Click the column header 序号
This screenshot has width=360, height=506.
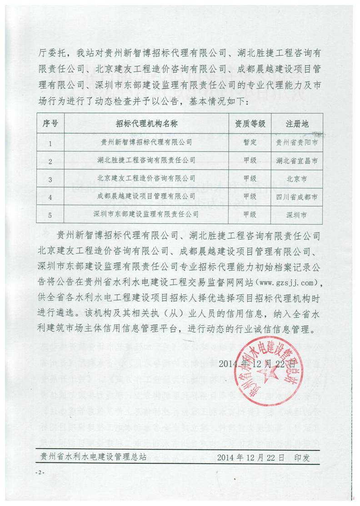[50, 123]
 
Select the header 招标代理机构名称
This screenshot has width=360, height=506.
[146, 123]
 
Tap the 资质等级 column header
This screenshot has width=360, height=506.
[250, 123]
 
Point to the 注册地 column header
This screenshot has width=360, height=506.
[297, 123]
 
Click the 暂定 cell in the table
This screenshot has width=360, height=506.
[250, 142]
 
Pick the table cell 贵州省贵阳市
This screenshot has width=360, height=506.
[297, 142]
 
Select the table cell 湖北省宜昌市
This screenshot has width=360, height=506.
[297, 160]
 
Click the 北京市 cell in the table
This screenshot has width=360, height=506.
[297, 178]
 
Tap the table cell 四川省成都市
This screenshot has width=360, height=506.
[297, 197]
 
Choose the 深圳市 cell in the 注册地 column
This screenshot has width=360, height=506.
[297, 214]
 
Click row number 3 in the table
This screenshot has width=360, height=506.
[50, 179]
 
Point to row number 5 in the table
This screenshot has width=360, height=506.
[50, 214]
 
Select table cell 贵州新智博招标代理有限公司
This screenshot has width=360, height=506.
[146, 142]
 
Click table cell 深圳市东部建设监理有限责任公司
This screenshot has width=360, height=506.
[146, 214]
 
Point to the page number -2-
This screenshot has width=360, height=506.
[40, 473]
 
